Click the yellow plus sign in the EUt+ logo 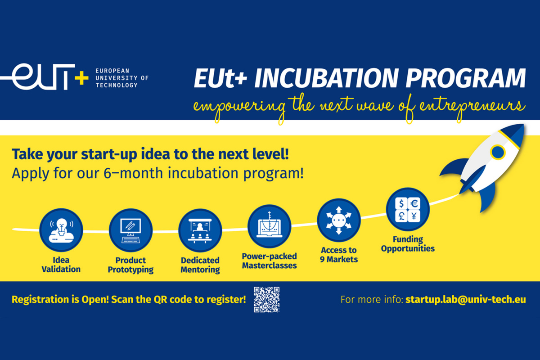(81, 78)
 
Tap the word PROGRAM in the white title (465, 78)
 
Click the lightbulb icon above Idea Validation (61, 230)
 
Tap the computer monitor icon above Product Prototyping (130, 230)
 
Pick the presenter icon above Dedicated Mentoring (200, 230)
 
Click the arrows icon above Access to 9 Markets (339, 220)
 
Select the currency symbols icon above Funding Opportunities (408, 209)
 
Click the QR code (266, 300)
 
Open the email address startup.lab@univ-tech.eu (465, 300)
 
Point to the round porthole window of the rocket (498, 152)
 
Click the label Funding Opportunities (408, 244)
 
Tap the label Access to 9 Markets (339, 255)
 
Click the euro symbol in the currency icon (414, 204)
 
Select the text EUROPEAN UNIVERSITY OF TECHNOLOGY (122, 78)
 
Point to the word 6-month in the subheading (133, 173)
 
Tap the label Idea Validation (61, 265)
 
